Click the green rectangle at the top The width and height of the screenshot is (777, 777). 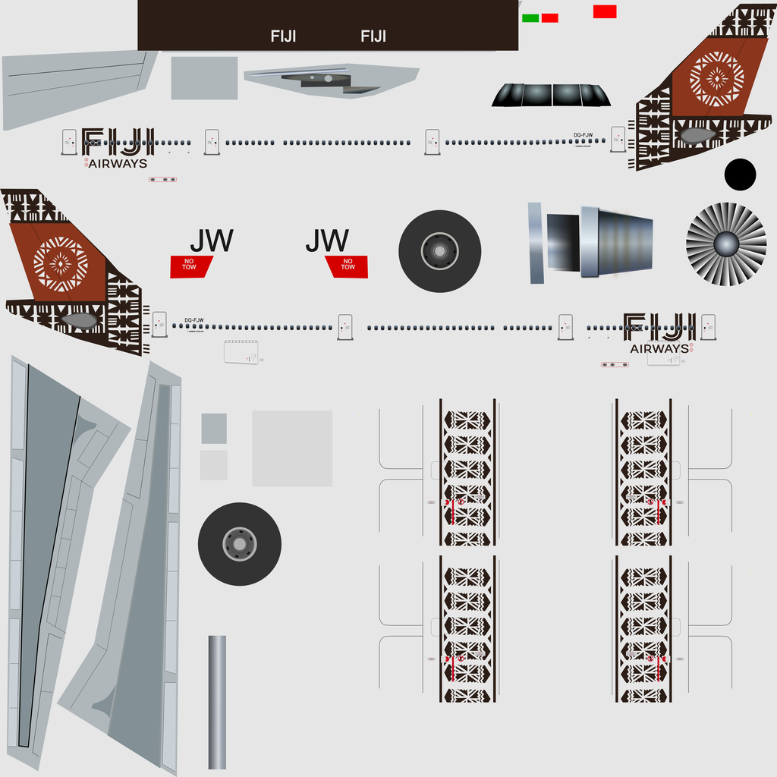tap(530, 17)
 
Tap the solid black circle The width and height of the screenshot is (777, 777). tap(740, 175)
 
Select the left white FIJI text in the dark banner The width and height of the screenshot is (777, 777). tap(283, 36)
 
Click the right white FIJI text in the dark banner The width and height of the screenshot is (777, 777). tap(373, 36)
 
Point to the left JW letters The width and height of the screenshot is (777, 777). tap(211, 241)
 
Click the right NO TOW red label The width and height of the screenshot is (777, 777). tap(347, 266)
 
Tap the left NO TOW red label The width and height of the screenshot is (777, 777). tap(190, 266)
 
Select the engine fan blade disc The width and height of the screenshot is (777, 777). tap(726, 244)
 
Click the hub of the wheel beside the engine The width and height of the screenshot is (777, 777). tap(439, 251)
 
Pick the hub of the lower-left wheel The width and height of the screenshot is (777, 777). tap(239, 544)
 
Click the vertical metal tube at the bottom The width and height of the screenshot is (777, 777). tap(217, 702)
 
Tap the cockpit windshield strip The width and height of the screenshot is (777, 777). tap(551, 95)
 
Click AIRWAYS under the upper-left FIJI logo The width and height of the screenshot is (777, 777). tap(118, 163)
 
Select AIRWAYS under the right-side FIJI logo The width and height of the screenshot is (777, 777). tap(659, 349)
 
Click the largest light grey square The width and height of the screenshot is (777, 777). tap(292, 448)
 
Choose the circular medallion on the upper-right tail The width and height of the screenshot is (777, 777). tap(717, 79)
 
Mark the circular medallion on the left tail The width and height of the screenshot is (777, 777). tap(60, 264)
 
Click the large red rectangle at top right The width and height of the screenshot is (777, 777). tap(605, 11)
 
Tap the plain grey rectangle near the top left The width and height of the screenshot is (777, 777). tap(204, 78)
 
